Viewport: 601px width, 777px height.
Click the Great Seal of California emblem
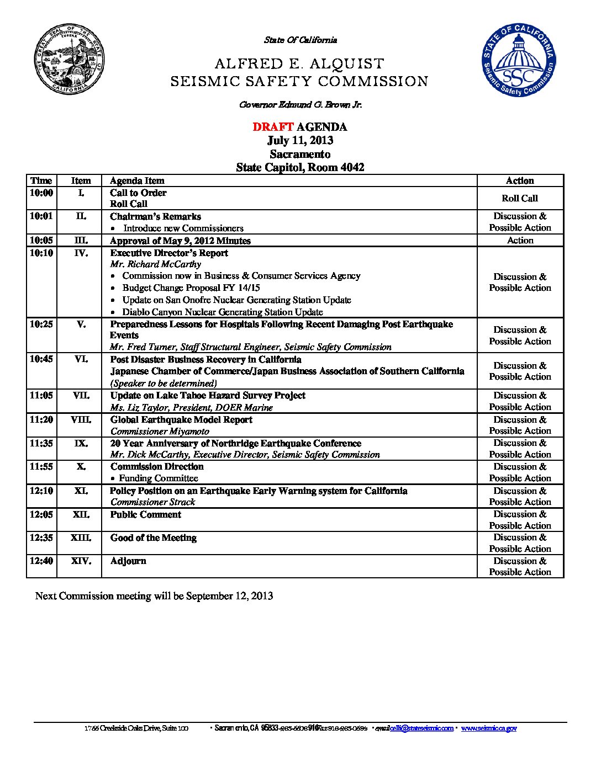pyautogui.click(x=70, y=60)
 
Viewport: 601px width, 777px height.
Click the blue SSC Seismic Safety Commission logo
pyautogui.click(x=518, y=60)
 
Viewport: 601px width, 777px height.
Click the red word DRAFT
pyautogui.click(x=272, y=127)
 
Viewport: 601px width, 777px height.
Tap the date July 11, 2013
pyautogui.click(x=300, y=140)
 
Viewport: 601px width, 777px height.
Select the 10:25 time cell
pyautogui.click(x=41, y=324)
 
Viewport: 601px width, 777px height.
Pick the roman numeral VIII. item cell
pyautogui.click(x=81, y=419)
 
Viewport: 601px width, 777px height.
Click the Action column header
pyautogui.click(x=520, y=180)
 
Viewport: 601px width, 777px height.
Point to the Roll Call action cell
pyautogui.click(x=520, y=198)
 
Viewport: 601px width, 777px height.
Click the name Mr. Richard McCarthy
pyautogui.click(x=156, y=264)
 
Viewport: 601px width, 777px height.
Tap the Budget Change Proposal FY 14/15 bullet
pyautogui.click(x=191, y=288)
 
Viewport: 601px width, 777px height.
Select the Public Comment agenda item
pyautogui.click(x=146, y=515)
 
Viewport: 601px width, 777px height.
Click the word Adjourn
pyautogui.click(x=128, y=561)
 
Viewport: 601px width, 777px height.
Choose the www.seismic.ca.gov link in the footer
pyautogui.click(x=489, y=728)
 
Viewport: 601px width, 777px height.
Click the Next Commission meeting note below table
pyautogui.click(x=154, y=596)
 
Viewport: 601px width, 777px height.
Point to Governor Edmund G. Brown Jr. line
pyautogui.click(x=300, y=105)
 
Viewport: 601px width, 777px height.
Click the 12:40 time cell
pyautogui.click(x=41, y=561)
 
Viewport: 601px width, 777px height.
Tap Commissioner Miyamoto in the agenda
pyautogui.click(x=160, y=432)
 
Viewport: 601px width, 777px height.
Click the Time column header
pyautogui.click(x=41, y=180)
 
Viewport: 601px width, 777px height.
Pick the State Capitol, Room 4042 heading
pyautogui.click(x=300, y=167)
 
